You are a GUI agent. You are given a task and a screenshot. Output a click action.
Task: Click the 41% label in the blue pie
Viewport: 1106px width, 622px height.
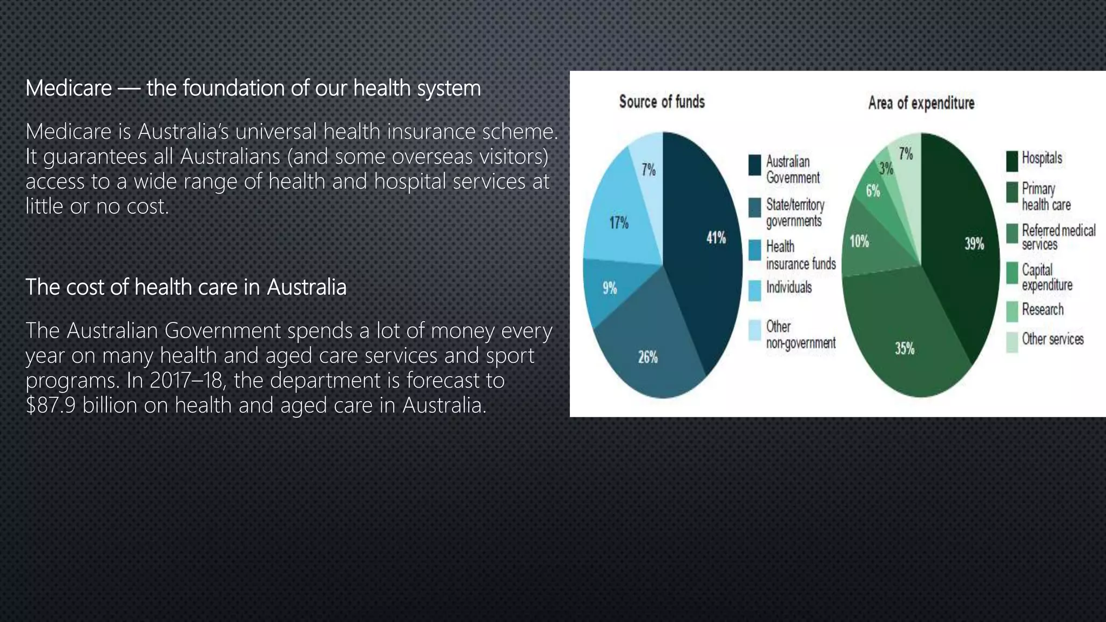(x=716, y=238)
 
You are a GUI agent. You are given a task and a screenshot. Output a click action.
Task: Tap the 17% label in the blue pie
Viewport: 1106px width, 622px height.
(x=619, y=222)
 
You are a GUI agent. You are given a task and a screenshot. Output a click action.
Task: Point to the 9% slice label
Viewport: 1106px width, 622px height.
(x=610, y=288)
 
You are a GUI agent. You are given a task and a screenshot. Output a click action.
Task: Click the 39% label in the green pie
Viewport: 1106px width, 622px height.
(x=974, y=244)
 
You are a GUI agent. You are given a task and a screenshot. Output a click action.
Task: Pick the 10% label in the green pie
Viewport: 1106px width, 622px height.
(x=859, y=241)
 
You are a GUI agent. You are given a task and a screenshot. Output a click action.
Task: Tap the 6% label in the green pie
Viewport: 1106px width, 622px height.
(x=873, y=191)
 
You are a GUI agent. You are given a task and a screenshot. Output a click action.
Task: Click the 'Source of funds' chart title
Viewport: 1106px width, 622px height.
(x=662, y=102)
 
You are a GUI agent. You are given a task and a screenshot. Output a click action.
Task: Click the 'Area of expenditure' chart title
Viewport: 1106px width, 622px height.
(x=921, y=103)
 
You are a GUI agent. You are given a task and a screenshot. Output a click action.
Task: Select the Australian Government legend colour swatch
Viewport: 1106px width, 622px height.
(x=754, y=165)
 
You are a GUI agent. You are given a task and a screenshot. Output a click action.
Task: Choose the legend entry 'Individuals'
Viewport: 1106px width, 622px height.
(x=788, y=287)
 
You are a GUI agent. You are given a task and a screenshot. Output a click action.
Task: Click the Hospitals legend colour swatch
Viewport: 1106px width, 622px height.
(x=1011, y=161)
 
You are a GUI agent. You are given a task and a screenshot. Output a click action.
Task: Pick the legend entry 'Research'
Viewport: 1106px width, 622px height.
(x=1042, y=309)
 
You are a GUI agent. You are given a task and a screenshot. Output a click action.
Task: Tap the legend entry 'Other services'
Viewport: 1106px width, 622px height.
(x=1053, y=339)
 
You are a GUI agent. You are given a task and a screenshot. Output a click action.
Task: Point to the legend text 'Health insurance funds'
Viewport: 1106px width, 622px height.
(x=800, y=255)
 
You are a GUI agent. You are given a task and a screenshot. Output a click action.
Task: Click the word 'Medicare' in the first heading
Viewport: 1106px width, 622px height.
(x=69, y=88)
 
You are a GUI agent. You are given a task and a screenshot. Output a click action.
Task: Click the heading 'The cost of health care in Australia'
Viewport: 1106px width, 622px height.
(x=186, y=287)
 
